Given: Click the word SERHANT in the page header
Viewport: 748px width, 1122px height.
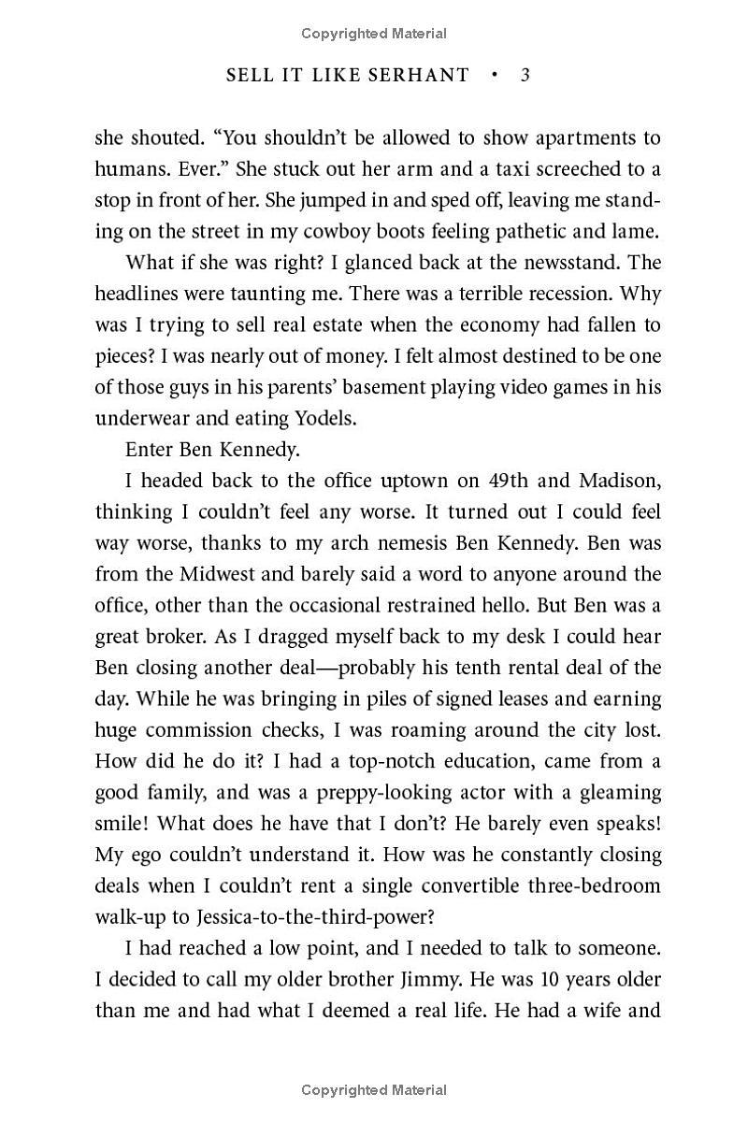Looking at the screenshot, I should pos(421,75).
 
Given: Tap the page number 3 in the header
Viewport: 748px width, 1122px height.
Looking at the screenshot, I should pos(525,75).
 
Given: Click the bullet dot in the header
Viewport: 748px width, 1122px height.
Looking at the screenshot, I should pos(495,75).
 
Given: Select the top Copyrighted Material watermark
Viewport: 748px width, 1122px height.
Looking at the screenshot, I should pos(374,34).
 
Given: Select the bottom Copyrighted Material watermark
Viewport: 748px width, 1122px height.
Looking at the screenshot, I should pos(374,1089).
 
